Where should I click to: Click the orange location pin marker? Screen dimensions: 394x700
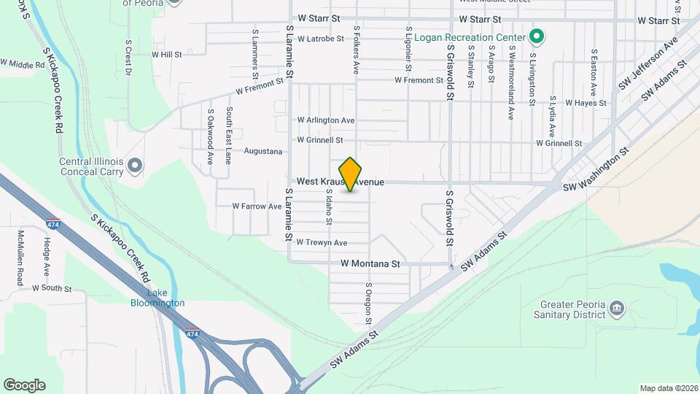tap(351, 174)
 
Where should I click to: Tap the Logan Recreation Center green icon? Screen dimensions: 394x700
tap(537, 36)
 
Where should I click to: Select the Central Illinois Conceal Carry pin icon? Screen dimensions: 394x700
tap(134, 166)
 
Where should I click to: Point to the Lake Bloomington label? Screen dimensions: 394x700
tap(157, 298)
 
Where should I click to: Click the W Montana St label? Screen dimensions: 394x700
tap(370, 263)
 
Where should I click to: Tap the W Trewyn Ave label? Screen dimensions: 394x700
tap(321, 243)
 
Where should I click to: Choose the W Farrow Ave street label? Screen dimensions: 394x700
tap(257, 206)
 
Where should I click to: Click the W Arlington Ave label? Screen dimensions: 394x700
tap(326, 120)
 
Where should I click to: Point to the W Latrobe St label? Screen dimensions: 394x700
tap(320, 39)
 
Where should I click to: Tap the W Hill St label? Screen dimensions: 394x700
tap(166, 55)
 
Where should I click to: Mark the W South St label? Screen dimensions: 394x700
tap(52, 289)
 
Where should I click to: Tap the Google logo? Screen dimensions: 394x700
tap(24, 385)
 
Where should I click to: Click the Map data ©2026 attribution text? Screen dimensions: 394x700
tap(668, 388)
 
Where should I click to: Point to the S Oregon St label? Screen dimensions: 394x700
tap(369, 304)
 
